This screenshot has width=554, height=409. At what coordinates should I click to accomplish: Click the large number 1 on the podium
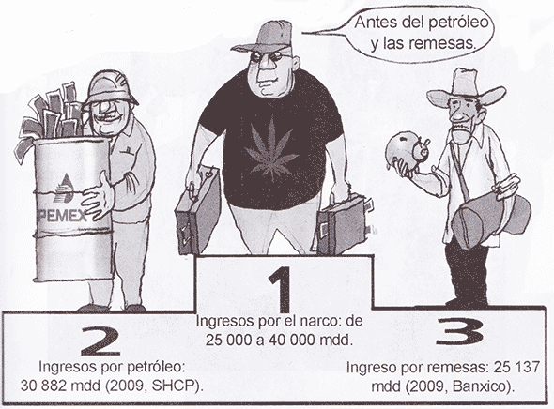tap(281, 289)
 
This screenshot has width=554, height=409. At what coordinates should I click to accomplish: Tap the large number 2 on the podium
tap(100, 341)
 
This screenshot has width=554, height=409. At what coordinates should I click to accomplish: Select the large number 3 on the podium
tap(460, 331)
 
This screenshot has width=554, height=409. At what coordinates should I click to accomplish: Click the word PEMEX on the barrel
tap(62, 215)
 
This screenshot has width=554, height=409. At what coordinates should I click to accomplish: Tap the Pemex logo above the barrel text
tap(64, 189)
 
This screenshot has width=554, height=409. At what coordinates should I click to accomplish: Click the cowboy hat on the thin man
tap(466, 87)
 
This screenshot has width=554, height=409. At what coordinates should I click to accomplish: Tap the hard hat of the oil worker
tap(109, 87)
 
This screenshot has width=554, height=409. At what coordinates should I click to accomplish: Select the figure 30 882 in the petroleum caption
tap(43, 386)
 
